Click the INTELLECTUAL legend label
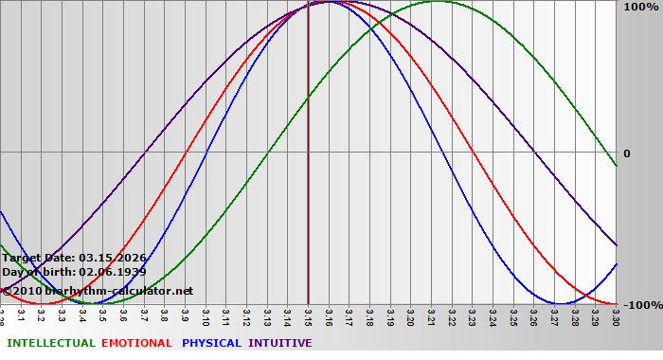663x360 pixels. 51,343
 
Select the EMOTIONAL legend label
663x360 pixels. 136,343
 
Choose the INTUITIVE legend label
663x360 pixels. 280,343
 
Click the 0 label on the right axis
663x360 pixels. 626,153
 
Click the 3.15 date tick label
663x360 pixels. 308,315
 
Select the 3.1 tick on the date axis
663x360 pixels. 21,315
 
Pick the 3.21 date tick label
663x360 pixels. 431,315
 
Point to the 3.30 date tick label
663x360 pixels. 616,315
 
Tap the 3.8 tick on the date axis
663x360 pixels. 164,315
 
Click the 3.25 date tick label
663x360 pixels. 513,315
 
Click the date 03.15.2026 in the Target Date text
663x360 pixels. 113,258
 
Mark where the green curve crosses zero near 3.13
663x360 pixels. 274,152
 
